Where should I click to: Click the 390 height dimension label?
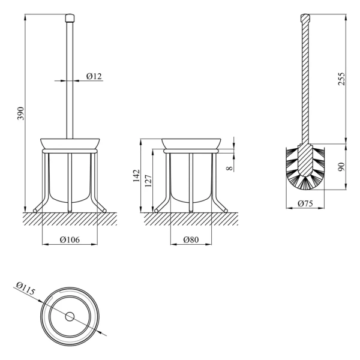(21, 113)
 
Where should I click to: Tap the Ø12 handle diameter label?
(94, 76)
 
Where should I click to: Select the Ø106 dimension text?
(70, 239)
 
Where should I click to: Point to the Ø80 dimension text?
(191, 239)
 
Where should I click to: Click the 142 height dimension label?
(136, 176)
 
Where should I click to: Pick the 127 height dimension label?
(148, 181)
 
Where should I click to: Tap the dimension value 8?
(230, 168)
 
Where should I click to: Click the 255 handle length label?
(341, 79)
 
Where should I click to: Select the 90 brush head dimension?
(341, 167)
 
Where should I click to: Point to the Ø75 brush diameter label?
(305, 203)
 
